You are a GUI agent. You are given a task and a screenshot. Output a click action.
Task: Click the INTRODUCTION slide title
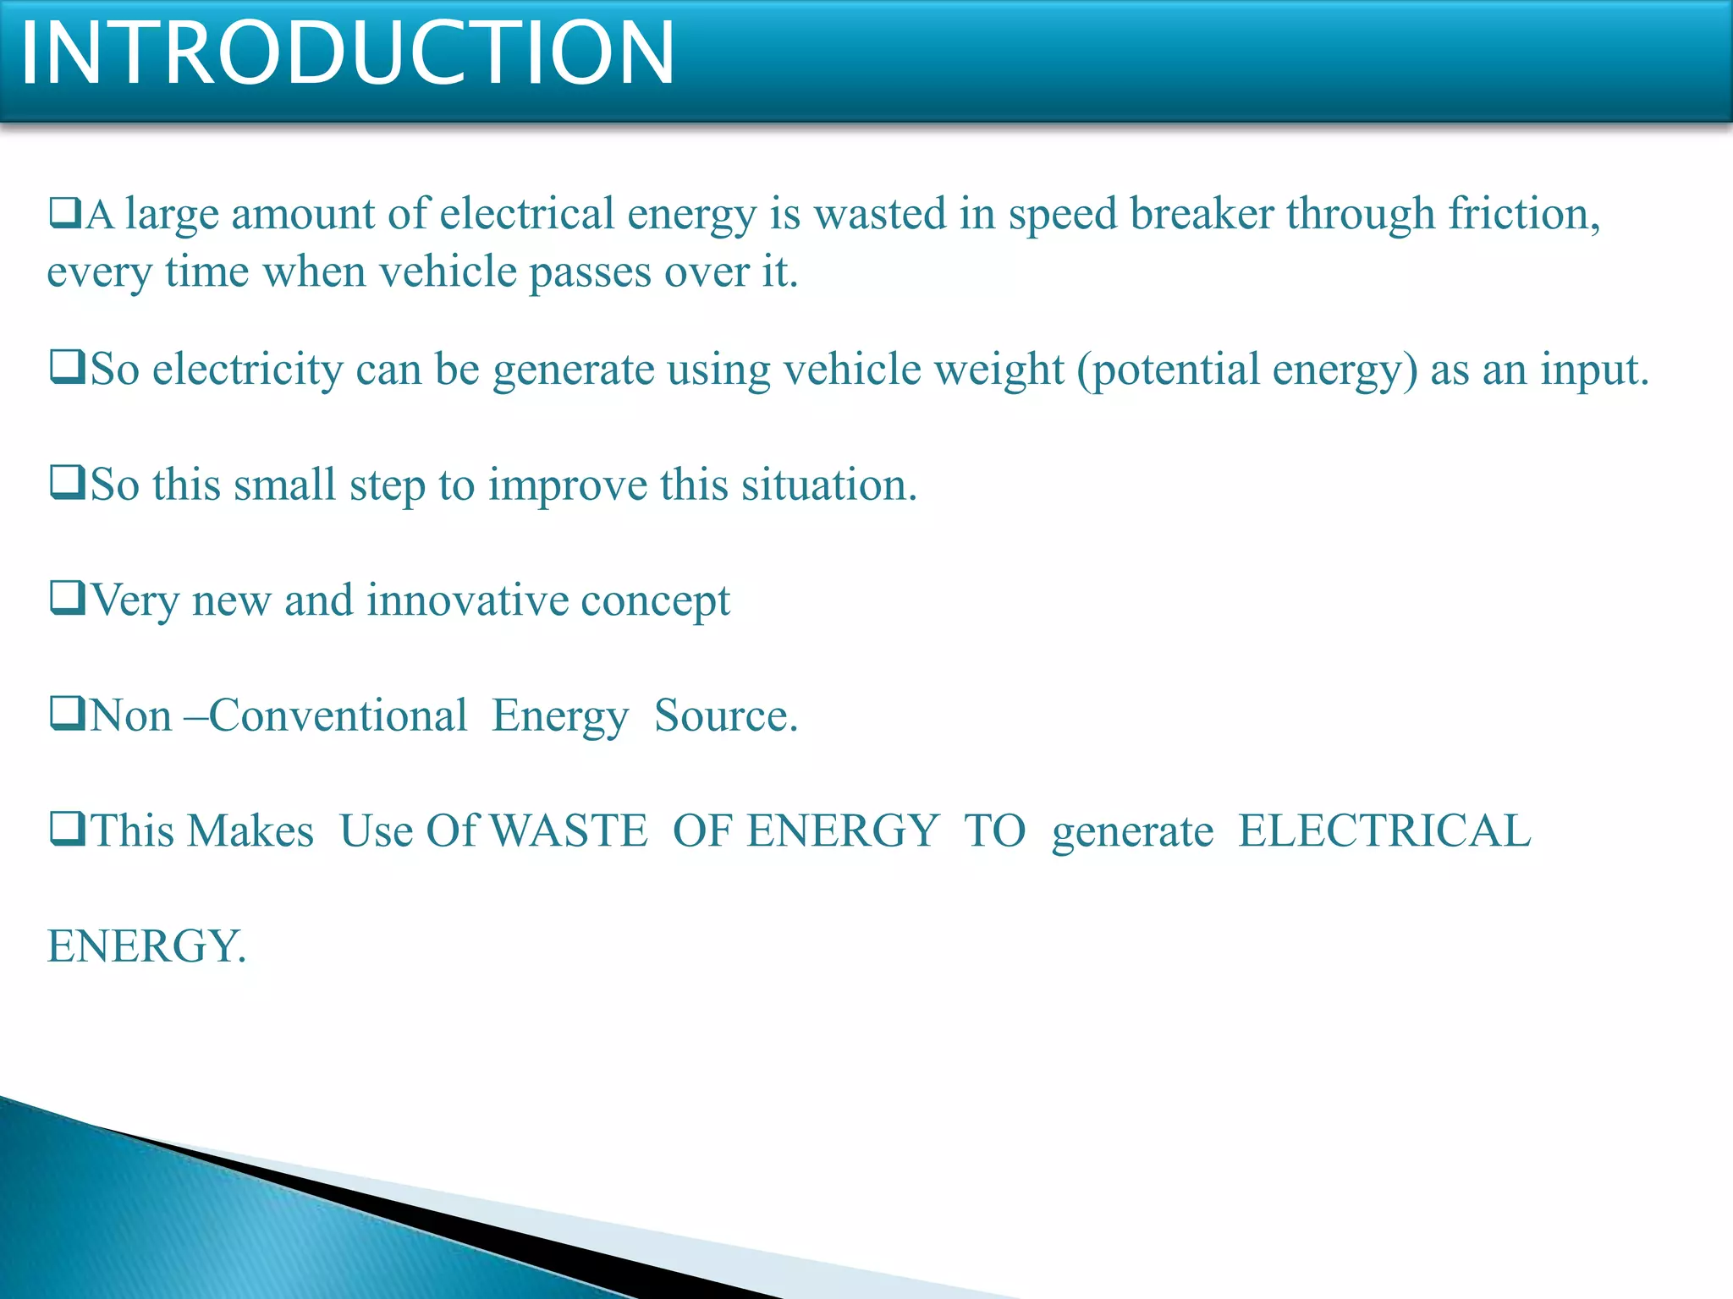347,53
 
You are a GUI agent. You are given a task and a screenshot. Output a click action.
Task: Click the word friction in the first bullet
1524,214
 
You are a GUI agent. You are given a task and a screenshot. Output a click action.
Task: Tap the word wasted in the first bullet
880,214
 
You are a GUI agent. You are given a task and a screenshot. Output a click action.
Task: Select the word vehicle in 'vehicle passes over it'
447,272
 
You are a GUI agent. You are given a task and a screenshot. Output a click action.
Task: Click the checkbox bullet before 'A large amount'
65,212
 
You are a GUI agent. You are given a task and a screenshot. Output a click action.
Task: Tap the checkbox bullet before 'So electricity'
68,367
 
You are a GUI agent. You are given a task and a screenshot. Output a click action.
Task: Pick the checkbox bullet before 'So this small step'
68,482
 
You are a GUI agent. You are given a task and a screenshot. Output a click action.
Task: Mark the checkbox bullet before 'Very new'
68,598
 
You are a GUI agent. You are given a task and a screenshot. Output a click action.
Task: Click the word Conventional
338,715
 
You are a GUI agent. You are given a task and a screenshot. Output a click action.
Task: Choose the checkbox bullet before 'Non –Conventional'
68,713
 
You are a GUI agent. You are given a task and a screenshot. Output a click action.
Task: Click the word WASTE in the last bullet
569,830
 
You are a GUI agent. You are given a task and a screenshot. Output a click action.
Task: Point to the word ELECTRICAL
1384,830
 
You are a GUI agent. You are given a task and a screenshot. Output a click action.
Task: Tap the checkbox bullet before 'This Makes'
68,828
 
